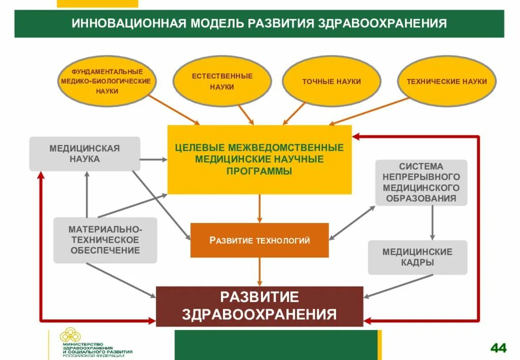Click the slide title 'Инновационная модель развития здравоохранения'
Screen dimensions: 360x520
point(259,23)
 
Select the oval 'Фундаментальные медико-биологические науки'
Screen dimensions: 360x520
point(107,81)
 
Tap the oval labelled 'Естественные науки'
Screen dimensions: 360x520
point(222,82)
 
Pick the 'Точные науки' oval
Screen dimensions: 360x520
point(331,81)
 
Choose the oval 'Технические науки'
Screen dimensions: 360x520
point(446,81)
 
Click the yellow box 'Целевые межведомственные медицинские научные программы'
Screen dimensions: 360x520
point(259,159)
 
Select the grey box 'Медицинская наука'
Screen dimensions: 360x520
point(84,153)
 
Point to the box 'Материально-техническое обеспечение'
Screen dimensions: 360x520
point(105,240)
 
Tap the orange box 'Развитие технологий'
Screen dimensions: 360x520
point(259,240)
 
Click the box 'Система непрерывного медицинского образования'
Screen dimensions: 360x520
point(421,182)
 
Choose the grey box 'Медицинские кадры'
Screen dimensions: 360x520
point(417,257)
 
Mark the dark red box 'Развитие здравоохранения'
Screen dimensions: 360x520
point(259,306)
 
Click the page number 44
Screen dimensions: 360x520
point(498,348)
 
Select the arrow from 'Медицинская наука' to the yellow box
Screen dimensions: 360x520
point(153,159)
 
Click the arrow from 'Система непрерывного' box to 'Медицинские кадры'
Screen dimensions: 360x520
point(433,222)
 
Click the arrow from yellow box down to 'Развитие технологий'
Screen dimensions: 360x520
point(259,208)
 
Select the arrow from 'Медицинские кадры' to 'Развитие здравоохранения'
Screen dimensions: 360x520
point(399,286)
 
